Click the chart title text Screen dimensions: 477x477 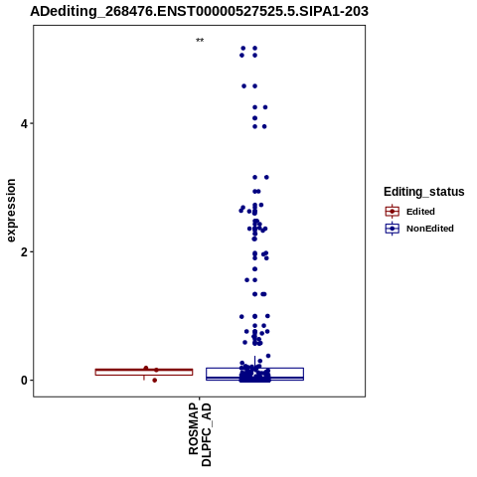coord(199,11)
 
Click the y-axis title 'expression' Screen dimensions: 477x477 coord(11,211)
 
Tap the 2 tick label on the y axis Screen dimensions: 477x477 coord(23,252)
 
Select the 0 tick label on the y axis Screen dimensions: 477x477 coord(24,381)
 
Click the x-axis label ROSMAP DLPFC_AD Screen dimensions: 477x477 coord(200,434)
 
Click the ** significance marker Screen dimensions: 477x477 coord(200,41)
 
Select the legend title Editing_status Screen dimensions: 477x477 coord(424,192)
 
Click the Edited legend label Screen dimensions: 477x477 coord(420,212)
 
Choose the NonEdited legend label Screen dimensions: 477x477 coord(430,229)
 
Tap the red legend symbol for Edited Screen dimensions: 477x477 coord(393,212)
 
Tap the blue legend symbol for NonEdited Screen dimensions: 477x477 coord(393,229)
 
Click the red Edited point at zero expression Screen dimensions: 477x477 coord(155,381)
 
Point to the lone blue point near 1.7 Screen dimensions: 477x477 coord(254,269)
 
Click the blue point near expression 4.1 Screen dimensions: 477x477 coord(254,118)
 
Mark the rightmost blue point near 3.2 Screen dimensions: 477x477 coord(266,177)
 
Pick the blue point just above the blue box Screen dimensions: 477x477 coord(268,356)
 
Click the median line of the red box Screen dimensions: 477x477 coord(144,370)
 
